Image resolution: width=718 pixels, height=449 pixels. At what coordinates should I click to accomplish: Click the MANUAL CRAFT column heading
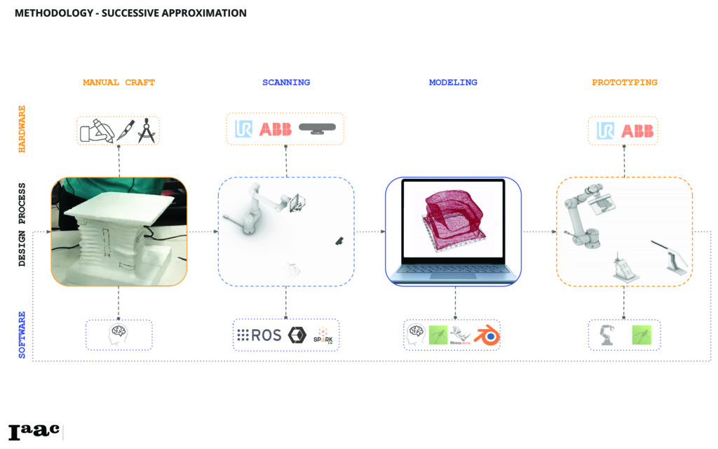(118, 83)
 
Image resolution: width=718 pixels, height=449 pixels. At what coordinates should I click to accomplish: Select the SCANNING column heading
(285, 83)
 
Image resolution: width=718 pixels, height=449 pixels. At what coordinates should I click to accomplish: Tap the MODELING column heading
(453, 83)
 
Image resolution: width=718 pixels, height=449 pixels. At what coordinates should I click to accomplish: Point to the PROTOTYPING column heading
(624, 83)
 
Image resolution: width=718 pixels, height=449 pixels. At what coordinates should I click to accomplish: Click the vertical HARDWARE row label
(22, 130)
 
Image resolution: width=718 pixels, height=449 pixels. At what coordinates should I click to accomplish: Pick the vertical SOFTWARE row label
(22, 335)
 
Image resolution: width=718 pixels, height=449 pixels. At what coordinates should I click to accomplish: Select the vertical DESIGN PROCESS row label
(22, 224)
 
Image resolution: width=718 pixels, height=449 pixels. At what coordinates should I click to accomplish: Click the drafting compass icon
(147, 130)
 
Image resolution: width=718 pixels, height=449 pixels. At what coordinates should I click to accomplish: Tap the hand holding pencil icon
(96, 130)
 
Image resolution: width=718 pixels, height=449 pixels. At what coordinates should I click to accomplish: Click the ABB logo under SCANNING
(275, 130)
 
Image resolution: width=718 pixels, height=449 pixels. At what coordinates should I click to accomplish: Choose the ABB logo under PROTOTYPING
(637, 130)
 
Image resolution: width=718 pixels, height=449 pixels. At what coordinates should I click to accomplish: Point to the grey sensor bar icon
(318, 128)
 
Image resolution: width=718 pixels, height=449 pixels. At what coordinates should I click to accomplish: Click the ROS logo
(259, 335)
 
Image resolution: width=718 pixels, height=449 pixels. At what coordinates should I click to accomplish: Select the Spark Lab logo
(323, 335)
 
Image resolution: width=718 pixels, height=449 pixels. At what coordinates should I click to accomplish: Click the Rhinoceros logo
(461, 335)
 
